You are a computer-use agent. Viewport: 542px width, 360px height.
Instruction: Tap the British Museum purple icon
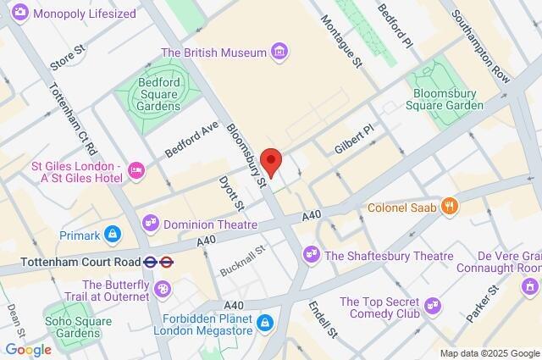tap(279, 53)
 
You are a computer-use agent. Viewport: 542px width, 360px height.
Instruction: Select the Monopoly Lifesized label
tap(83, 14)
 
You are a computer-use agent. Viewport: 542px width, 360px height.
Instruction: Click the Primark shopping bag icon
tap(113, 234)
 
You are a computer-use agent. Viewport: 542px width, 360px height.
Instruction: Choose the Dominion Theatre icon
tap(152, 224)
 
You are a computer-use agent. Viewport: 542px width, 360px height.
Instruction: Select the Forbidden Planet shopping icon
tap(265, 322)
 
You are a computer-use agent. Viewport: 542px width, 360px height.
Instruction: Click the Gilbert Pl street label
tap(353, 137)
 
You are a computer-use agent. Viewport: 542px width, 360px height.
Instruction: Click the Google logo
tap(29, 349)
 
